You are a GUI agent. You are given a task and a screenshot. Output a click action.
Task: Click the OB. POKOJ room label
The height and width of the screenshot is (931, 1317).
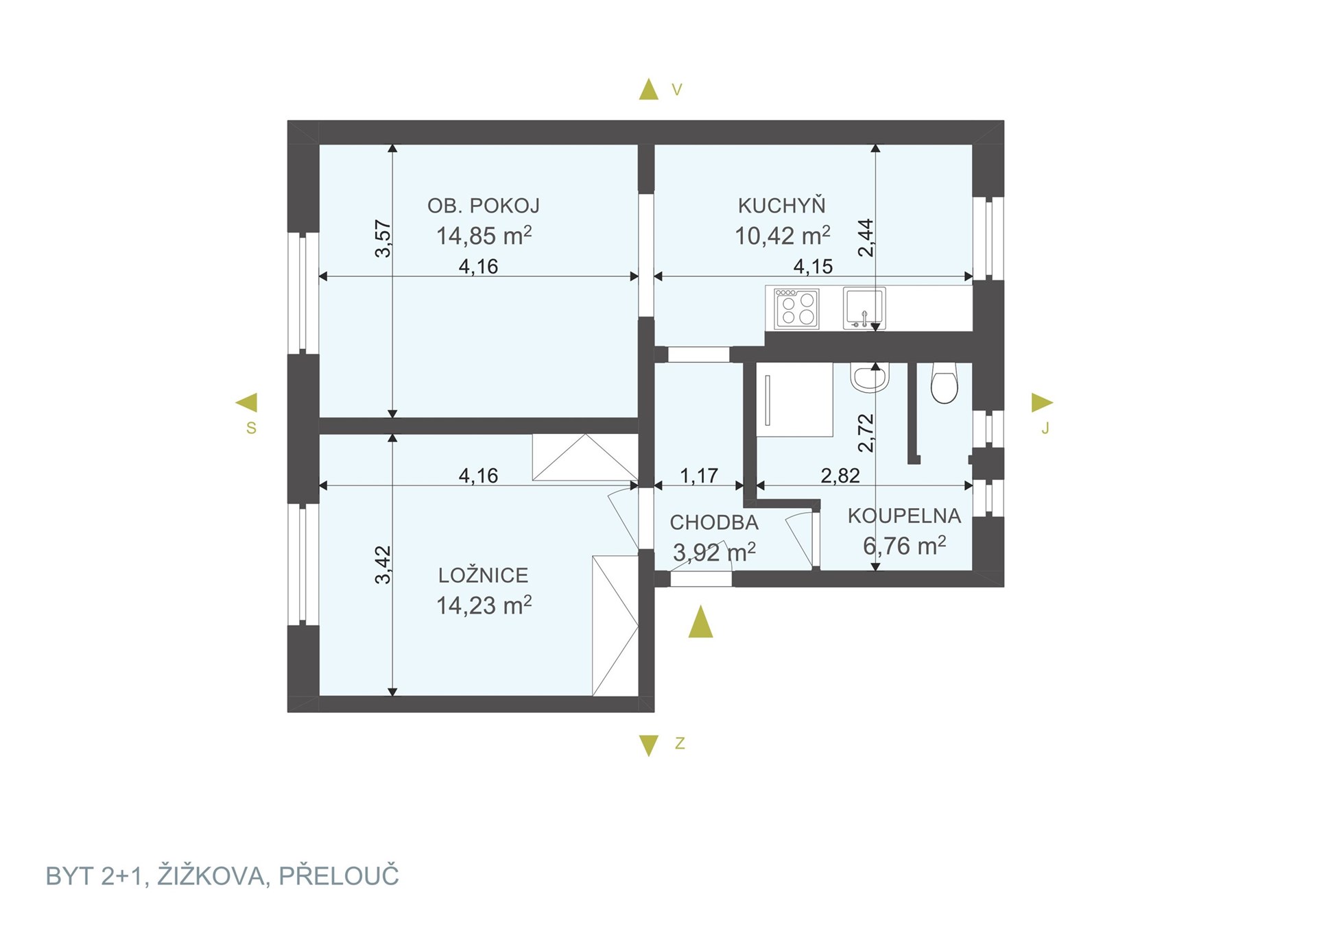(x=484, y=206)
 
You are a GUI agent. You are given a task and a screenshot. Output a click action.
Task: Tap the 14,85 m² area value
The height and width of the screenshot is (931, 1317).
(x=484, y=235)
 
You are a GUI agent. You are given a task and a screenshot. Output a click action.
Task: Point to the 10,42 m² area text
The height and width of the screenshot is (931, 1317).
(x=783, y=235)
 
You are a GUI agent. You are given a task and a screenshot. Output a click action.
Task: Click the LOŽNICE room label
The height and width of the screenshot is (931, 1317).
(x=484, y=575)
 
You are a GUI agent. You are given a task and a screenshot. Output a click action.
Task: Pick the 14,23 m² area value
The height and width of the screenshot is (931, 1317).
(x=484, y=605)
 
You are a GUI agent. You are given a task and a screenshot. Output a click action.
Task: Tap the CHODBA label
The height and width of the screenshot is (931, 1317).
(x=714, y=522)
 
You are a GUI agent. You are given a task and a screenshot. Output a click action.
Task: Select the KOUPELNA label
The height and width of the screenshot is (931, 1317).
(x=904, y=516)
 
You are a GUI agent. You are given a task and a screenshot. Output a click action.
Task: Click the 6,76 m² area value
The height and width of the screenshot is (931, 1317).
(x=905, y=546)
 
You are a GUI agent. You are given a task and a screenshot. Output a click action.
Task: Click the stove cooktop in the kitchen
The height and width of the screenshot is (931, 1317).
(x=796, y=309)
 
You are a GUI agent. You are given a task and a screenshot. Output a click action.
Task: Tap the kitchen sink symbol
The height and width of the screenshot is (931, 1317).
(x=864, y=309)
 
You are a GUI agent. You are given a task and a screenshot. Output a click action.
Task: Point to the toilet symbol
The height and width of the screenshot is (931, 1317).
(x=945, y=383)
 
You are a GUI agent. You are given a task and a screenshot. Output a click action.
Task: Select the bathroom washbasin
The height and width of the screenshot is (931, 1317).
(x=870, y=377)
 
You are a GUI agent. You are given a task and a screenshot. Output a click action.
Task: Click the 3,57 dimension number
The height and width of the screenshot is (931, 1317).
(x=383, y=239)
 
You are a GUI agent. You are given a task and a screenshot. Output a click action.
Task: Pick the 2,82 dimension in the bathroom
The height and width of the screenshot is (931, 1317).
(x=840, y=475)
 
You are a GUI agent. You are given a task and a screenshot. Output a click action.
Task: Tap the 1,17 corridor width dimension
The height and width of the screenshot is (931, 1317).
(x=699, y=475)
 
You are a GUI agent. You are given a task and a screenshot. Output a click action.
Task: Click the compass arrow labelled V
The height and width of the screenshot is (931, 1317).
(x=648, y=89)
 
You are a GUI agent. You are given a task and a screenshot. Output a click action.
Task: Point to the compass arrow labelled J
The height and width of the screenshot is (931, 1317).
(x=1042, y=402)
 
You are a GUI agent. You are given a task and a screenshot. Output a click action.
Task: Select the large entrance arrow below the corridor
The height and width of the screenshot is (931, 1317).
(x=700, y=622)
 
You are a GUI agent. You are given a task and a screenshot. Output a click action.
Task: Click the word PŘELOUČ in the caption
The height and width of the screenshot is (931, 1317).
(x=339, y=875)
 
